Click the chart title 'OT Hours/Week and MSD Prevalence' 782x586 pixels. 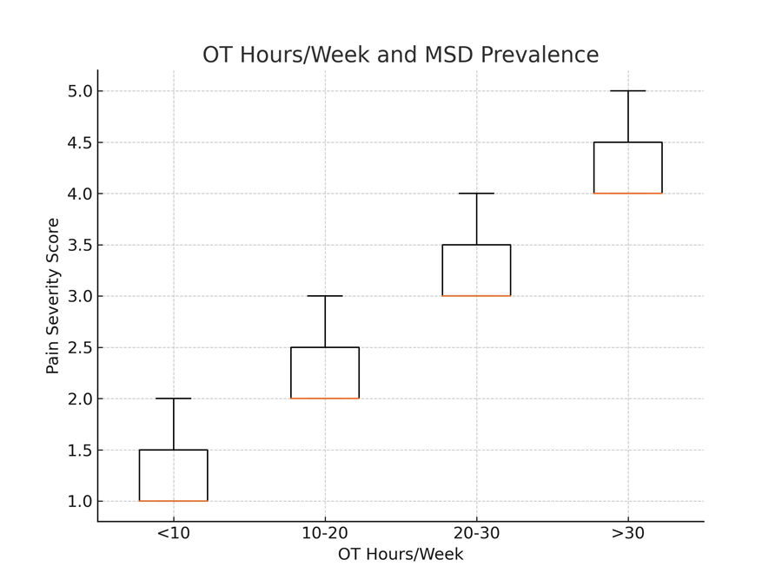pos(401,55)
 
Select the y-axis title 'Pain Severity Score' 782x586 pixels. pos(53,296)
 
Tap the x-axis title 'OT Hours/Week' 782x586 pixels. pos(401,555)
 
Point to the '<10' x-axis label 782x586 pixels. pos(173,533)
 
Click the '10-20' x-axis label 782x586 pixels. pos(325,533)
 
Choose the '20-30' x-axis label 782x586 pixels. pos(476,533)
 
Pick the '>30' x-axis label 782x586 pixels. pos(627,533)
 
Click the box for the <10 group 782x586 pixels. pos(173,475)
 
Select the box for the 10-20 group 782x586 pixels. pos(325,372)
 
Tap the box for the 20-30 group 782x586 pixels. pos(476,270)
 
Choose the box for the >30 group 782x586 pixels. pos(627,168)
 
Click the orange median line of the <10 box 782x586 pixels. pos(173,501)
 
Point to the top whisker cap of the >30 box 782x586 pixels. pos(627,91)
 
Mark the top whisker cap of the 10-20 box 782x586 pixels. pos(325,296)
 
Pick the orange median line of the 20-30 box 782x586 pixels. pos(476,296)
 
